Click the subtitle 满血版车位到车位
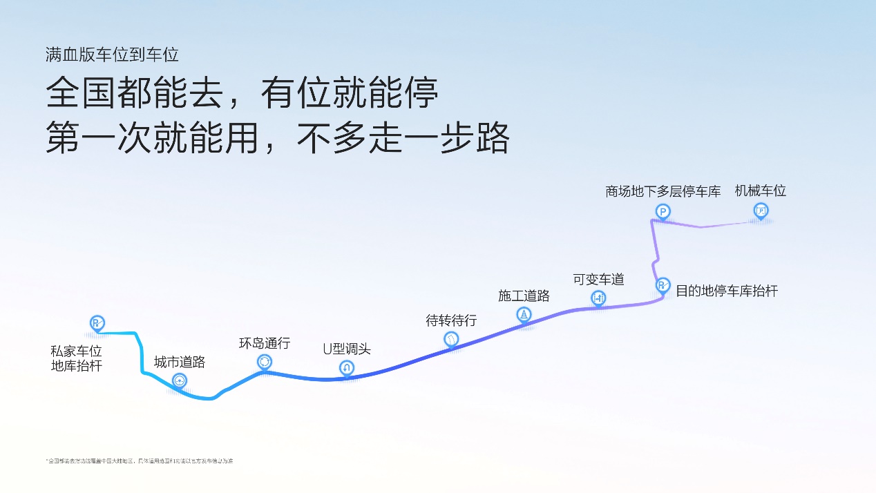(x=113, y=55)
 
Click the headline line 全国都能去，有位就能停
(x=242, y=93)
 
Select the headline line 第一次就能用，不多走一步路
(x=278, y=138)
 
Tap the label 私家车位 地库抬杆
(x=77, y=358)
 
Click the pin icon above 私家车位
(x=97, y=322)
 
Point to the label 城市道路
(x=180, y=362)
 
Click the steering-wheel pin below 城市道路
(x=180, y=380)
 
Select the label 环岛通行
(x=265, y=343)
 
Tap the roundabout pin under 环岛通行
(x=264, y=362)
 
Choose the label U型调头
(x=347, y=349)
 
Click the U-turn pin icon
(x=347, y=368)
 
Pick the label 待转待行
(x=451, y=320)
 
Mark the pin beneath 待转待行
(x=451, y=339)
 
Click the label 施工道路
(x=524, y=296)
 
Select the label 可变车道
(x=598, y=279)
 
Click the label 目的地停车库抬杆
(x=727, y=291)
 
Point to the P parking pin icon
(x=663, y=212)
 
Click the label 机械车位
(x=761, y=191)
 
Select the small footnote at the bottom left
(x=140, y=461)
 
